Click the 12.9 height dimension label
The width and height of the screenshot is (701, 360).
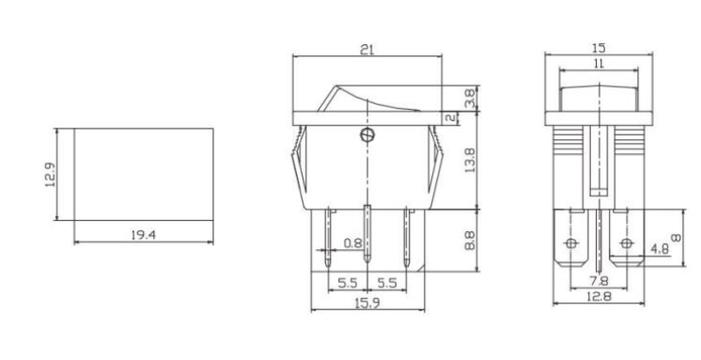[x=51, y=175]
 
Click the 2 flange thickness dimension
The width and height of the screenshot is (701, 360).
[x=453, y=118]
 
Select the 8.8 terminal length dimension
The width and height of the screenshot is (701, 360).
[x=470, y=242]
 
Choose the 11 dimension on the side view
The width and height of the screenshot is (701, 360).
[x=598, y=62]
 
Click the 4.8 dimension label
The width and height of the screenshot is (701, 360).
[x=661, y=250]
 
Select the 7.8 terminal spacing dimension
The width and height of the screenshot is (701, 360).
[x=597, y=281]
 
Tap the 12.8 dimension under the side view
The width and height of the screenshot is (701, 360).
[x=597, y=297]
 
